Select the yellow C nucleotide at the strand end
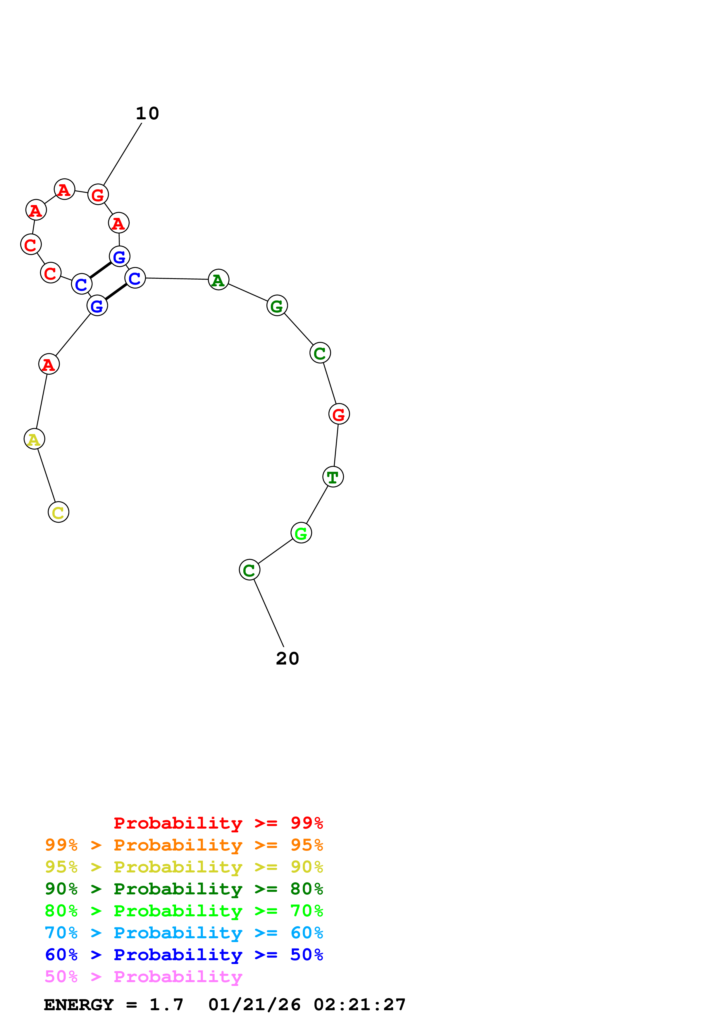(58, 512)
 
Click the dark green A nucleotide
(218, 280)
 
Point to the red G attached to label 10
(98, 194)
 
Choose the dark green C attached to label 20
(249, 570)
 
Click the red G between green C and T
(339, 414)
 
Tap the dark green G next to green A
(277, 306)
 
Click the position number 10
(147, 113)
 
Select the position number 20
(287, 659)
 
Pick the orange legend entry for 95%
(184, 845)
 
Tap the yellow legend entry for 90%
(184, 867)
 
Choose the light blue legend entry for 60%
(184, 933)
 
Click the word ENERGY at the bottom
(79, 1005)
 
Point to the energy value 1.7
(166, 1005)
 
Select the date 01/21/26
(254, 1005)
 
